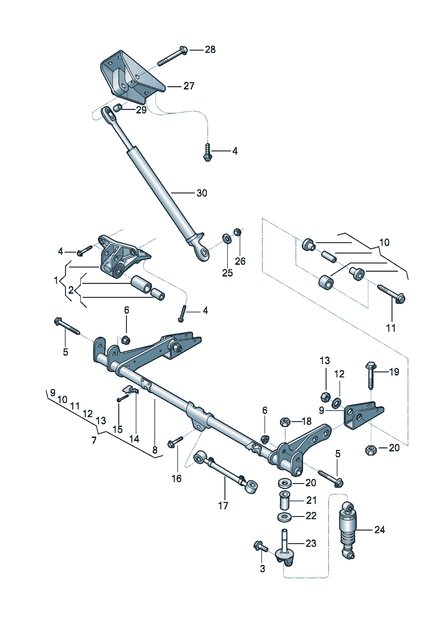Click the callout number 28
coord(210,50)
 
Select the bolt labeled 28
coord(172,57)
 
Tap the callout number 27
coord(189,86)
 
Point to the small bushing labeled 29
coord(117,108)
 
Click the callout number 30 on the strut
coord(201,193)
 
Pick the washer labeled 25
coord(226,238)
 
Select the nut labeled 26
coord(237,232)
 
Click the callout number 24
coord(379,530)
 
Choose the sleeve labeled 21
coord(285,500)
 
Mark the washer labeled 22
coord(284,516)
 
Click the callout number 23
coord(311,543)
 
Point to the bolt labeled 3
coord(261,547)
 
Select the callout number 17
coord(223,506)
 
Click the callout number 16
coord(176,479)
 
